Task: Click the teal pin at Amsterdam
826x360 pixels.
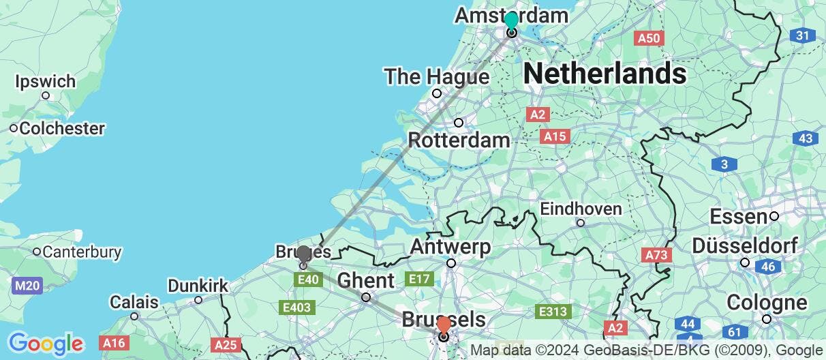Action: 511,20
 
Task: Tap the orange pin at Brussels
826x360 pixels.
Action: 443,325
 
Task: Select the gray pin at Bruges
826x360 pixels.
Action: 303,254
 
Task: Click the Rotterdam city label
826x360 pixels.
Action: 459,141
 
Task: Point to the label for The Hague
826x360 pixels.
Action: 436,76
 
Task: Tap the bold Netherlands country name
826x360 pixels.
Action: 605,72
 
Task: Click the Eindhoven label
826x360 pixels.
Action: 581,209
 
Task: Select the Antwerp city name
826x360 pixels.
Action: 451,247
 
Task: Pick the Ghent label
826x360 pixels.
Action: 365,280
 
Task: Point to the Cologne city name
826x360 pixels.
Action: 767,302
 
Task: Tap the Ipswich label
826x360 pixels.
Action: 46,81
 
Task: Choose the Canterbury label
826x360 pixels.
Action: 82,252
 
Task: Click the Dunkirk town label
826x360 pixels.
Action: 198,285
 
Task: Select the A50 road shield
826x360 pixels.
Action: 649,38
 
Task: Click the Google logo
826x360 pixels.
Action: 45,343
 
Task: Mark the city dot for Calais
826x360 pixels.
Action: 134,316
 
